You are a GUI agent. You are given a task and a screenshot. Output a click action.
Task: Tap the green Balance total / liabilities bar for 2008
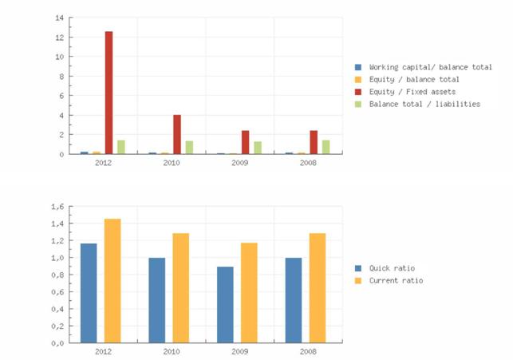click(326, 147)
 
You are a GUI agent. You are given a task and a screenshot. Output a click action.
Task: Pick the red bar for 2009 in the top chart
click(246, 142)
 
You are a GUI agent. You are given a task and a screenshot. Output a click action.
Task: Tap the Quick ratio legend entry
click(392, 268)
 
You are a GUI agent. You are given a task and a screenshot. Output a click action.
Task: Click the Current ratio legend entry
click(396, 281)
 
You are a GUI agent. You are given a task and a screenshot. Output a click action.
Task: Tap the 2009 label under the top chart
click(239, 163)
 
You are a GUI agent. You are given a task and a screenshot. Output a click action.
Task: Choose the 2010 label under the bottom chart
click(172, 351)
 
